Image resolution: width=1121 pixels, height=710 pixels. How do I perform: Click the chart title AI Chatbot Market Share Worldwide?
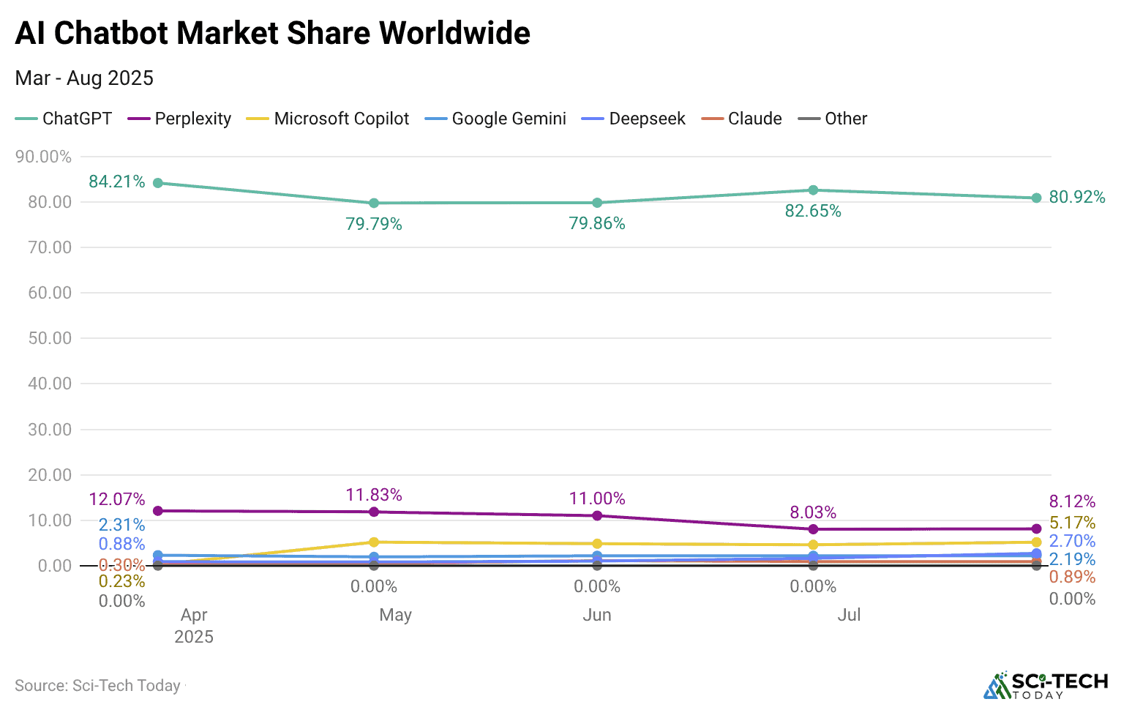(x=272, y=34)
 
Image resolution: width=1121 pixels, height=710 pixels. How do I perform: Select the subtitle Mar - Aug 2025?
(x=84, y=78)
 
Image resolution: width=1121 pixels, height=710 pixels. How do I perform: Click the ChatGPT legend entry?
(x=64, y=119)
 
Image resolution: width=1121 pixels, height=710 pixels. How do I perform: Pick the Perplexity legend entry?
(x=180, y=119)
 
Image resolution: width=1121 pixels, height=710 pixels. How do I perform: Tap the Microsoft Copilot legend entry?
(x=328, y=119)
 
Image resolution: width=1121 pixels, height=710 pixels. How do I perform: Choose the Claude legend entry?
(x=742, y=119)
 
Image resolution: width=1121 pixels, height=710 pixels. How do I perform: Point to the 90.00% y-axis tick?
(x=44, y=157)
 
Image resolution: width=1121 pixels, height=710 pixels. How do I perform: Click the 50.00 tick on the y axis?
(x=50, y=338)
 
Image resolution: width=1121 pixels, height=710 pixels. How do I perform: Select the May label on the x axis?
(x=395, y=615)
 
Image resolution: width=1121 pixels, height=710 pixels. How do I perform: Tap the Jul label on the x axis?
(x=849, y=615)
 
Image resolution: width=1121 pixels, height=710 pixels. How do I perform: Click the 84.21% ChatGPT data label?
(x=117, y=182)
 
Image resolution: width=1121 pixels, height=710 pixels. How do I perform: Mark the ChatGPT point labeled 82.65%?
(x=813, y=190)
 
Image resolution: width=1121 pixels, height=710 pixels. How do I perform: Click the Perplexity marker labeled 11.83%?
(x=374, y=512)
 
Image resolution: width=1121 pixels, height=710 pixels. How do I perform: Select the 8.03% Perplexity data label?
(x=813, y=512)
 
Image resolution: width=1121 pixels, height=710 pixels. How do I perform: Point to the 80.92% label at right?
(x=1077, y=197)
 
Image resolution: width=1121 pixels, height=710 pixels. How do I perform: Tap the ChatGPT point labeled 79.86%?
(x=597, y=203)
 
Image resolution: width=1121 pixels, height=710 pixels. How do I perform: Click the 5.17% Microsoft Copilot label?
(x=1072, y=523)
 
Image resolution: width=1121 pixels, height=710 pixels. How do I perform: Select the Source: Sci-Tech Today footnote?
(x=98, y=686)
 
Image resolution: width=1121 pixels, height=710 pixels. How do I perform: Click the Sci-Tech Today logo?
(x=1046, y=686)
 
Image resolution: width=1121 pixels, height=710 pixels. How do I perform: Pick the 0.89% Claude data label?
(x=1072, y=577)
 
